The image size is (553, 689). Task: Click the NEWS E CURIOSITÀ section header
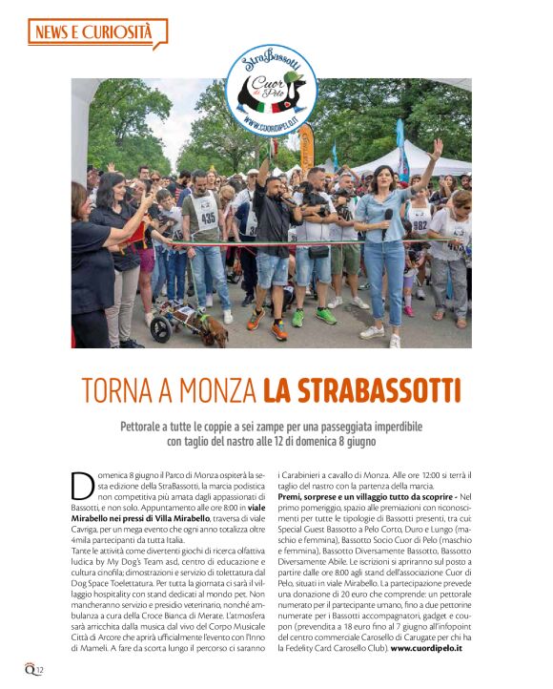pyautogui.click(x=92, y=33)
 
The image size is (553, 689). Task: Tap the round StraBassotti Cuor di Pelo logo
pyautogui.click(x=273, y=89)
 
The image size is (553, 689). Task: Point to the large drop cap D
pyautogui.click(x=82, y=485)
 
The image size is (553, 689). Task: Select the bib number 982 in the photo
pyautogui.click(x=420, y=226)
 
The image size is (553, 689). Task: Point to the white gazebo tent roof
pyautogui.click(x=419, y=157)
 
